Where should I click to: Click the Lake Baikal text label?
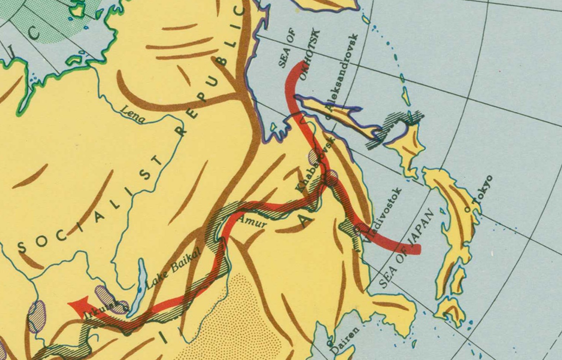tap(173, 268)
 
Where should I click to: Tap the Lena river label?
tap(132, 113)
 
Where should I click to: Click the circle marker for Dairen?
tap(328, 342)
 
